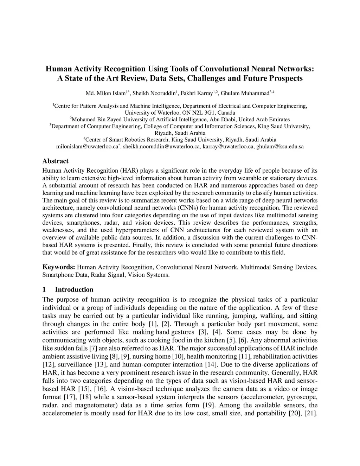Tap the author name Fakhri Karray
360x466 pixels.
197,93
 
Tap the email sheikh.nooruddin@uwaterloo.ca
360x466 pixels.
161,146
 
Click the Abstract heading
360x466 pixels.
55,161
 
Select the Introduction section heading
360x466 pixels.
74,289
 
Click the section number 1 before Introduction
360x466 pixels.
44,289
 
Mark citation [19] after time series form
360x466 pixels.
209,405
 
